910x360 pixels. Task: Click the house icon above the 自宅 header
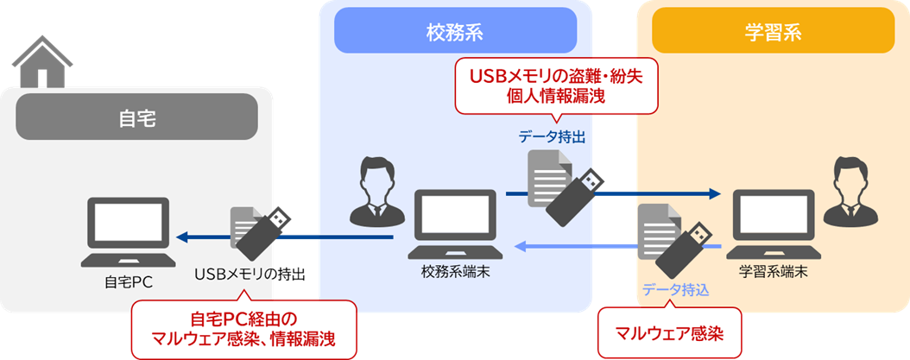tap(41, 63)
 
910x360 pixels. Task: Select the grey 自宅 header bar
tap(136, 117)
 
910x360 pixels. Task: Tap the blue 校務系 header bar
tap(454, 32)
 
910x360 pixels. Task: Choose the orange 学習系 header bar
tap(773, 32)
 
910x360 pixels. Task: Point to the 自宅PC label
tap(128, 280)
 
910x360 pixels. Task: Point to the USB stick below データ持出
tap(574, 192)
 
